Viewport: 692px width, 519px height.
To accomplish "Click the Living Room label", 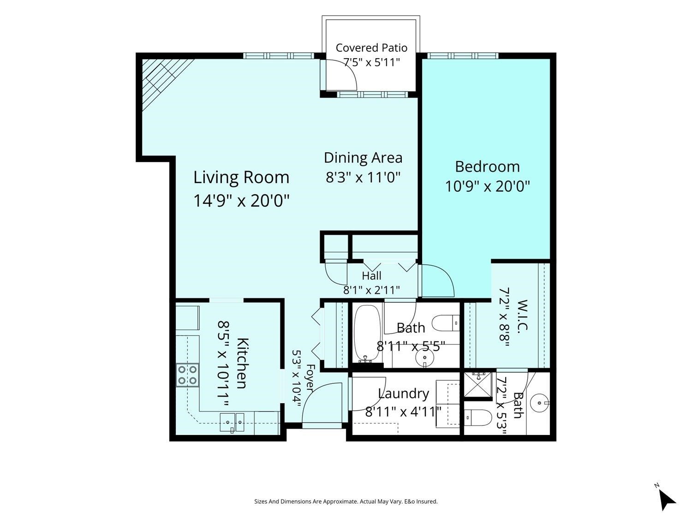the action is [x=241, y=178].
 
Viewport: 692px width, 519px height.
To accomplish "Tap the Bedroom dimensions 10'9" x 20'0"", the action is [x=487, y=186].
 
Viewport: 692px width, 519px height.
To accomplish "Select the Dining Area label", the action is [x=363, y=158].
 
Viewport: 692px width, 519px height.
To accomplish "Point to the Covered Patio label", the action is [x=371, y=48].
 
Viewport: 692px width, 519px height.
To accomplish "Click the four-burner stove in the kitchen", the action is [x=188, y=376].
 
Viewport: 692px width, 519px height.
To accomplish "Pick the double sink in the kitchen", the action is [x=232, y=422].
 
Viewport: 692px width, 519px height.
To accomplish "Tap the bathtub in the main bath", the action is [x=367, y=334].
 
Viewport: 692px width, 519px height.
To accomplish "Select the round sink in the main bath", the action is [x=425, y=358].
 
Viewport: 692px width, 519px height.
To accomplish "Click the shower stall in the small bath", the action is [x=478, y=385].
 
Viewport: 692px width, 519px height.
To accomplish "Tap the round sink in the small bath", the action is [x=539, y=403].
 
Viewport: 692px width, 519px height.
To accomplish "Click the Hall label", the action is [x=371, y=276].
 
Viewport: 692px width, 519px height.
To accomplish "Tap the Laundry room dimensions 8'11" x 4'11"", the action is [x=403, y=412].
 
